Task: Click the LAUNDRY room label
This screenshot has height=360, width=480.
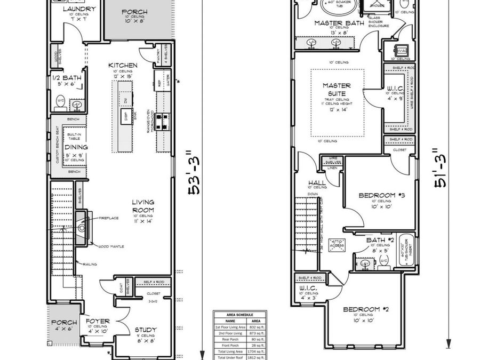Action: (79, 10)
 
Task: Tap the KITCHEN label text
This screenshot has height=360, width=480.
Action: (123, 66)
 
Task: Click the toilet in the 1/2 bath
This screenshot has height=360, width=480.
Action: (60, 101)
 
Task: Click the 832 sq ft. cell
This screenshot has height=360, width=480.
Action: (255, 327)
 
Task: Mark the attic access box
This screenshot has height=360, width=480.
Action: (338, 244)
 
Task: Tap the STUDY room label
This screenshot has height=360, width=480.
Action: (145, 330)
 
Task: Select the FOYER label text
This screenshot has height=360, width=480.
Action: (98, 322)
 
